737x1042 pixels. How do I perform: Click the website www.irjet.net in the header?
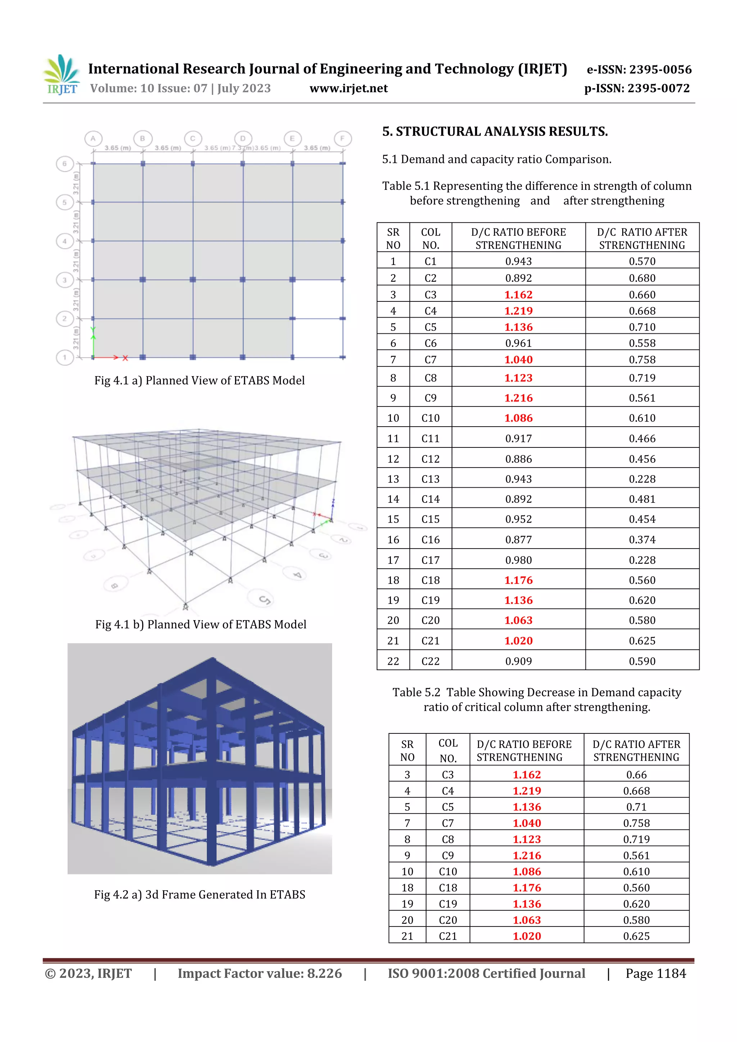point(348,88)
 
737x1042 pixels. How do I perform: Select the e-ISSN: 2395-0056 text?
point(639,69)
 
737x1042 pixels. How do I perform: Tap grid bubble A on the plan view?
point(93,138)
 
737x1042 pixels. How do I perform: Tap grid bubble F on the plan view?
point(342,138)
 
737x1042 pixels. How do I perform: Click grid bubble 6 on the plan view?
point(64,164)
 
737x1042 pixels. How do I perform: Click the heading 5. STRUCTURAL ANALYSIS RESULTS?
point(494,132)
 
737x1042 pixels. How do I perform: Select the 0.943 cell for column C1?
point(518,261)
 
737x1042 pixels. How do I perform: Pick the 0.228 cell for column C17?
point(642,560)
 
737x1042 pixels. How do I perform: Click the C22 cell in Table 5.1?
point(430,661)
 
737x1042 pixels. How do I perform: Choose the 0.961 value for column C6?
point(518,343)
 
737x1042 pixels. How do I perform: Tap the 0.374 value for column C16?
point(642,540)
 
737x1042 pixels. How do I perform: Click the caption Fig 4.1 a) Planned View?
point(199,380)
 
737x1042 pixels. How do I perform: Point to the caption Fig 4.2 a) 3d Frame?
point(199,895)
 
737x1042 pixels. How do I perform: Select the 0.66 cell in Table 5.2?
point(636,775)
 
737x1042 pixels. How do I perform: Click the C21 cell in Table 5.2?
point(447,936)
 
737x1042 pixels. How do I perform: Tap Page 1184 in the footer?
point(655,973)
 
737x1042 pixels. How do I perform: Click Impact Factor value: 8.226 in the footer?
point(259,973)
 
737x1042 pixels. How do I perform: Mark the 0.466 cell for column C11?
point(642,438)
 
